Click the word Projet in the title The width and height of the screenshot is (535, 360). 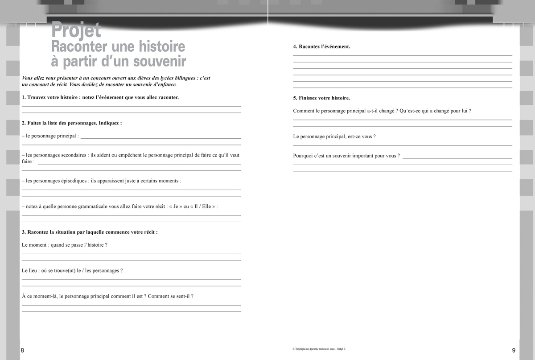76,30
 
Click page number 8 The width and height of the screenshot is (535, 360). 23,351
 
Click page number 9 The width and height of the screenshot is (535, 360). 514,351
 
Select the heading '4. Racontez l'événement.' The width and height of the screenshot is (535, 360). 321,46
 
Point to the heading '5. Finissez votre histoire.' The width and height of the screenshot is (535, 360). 321,98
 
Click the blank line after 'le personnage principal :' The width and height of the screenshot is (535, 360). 160,137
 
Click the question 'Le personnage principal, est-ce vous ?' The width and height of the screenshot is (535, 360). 334,137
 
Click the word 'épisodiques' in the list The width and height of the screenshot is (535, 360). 72,181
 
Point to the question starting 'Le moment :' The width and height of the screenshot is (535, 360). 65,245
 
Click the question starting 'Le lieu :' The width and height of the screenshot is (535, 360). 72,270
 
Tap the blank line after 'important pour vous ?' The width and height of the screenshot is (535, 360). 457,157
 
